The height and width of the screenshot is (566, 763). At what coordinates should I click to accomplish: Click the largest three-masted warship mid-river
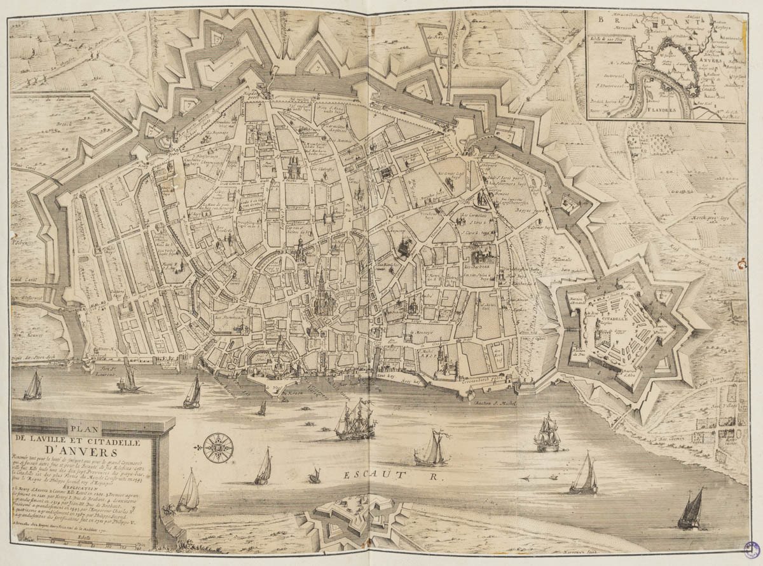pyautogui.click(x=353, y=421)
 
